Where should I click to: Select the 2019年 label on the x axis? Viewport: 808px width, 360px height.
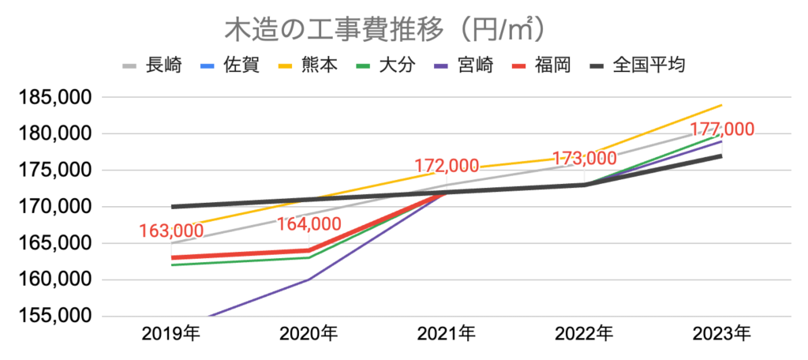[x=171, y=334]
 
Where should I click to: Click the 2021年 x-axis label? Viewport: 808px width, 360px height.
[x=447, y=334]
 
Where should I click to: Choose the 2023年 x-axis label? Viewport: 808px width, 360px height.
[x=721, y=334]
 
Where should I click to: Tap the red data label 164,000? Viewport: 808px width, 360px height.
[x=309, y=224]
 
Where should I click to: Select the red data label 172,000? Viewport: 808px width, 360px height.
[x=447, y=166]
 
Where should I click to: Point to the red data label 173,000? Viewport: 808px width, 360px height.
[x=584, y=159]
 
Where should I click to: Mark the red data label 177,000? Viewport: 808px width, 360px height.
[x=721, y=129]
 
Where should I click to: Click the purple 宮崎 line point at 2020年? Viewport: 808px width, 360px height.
[x=309, y=279]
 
